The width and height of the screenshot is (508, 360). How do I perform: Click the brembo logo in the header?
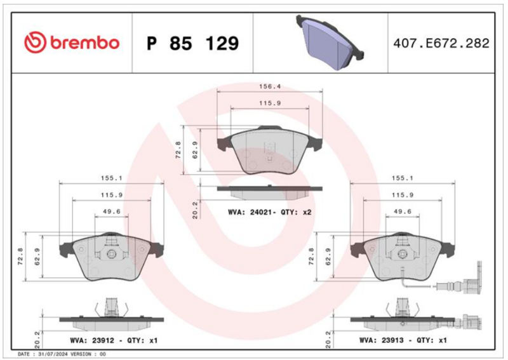72,43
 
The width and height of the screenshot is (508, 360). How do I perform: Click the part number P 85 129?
193,43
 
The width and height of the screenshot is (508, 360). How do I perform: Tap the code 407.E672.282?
441,43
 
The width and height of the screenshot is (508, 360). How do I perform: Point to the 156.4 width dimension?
269,86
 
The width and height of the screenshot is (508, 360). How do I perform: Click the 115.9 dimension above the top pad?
269,103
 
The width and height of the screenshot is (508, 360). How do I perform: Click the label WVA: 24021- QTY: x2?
269,212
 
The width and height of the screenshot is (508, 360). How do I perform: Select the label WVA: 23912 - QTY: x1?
114,340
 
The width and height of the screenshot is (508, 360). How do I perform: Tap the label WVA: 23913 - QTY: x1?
403,340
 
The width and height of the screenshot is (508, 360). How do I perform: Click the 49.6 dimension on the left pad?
112,211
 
